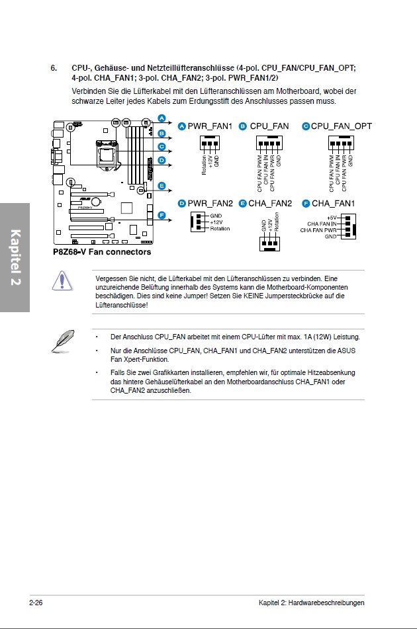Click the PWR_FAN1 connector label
[x=210, y=126]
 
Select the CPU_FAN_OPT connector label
[x=342, y=126]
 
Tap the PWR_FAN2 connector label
[x=210, y=203]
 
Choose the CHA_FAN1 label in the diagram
[x=333, y=203]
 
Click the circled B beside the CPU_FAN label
[x=243, y=126]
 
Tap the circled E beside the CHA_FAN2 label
[x=243, y=203]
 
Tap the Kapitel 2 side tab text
[x=15, y=257]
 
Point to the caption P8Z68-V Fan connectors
[x=102, y=252]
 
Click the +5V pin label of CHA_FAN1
[x=332, y=218]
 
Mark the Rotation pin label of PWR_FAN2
[x=220, y=229]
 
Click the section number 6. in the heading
[x=54, y=68]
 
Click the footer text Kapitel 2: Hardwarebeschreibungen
[x=311, y=603]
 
